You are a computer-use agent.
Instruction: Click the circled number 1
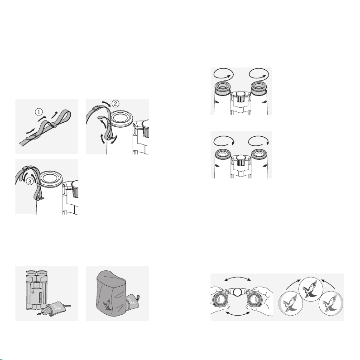(39, 112)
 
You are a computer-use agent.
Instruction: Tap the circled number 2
(115, 104)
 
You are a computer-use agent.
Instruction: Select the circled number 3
(29, 182)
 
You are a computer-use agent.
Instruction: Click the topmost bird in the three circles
(310, 288)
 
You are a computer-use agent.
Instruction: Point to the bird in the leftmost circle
(290, 303)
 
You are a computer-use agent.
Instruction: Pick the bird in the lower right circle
(330, 303)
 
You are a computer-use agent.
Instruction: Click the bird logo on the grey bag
(107, 305)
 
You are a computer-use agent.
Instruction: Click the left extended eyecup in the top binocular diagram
(222, 88)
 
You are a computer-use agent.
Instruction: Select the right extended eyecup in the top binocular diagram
(259, 88)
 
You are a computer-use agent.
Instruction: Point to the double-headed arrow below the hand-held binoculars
(238, 314)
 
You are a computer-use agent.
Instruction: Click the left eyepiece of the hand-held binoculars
(220, 300)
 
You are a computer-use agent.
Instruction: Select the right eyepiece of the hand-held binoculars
(254, 300)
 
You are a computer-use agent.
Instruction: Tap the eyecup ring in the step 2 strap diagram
(122, 118)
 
